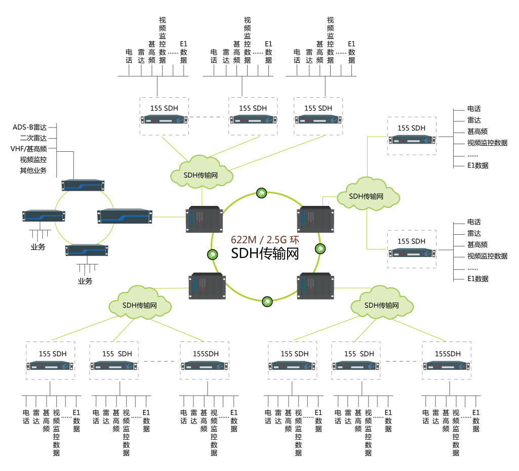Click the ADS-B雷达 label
(30, 127)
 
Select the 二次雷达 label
(33, 138)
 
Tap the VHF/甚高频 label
(29, 149)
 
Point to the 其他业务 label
(33, 170)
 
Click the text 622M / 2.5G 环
(265, 239)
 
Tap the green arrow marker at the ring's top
(261, 193)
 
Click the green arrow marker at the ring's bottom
(266, 302)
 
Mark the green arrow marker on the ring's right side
(321, 248)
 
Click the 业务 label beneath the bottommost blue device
(85, 281)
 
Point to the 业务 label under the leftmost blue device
(38, 247)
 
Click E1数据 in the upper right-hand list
(478, 165)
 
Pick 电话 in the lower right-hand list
(474, 222)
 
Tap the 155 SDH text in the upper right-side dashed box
(411, 128)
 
